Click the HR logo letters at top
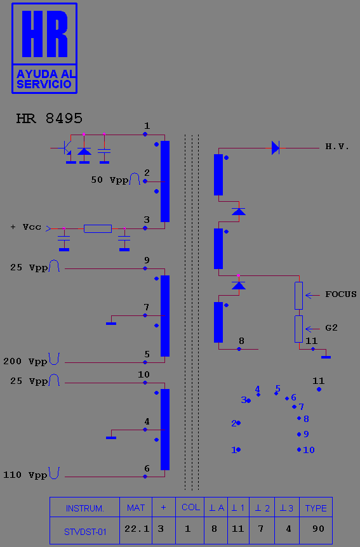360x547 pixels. (x=44, y=34)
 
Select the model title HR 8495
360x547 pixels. (x=50, y=119)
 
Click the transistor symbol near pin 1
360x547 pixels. (x=65, y=148)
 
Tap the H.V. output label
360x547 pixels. (x=337, y=147)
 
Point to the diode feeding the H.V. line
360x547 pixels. (x=276, y=148)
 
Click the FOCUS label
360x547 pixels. (x=341, y=294)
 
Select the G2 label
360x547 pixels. (x=331, y=327)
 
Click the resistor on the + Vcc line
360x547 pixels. (x=98, y=229)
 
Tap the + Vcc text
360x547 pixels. (x=26, y=227)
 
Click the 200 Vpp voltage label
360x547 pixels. (x=25, y=362)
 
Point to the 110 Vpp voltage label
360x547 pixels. (x=25, y=475)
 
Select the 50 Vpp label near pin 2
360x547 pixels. (x=110, y=180)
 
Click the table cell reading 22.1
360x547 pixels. (x=136, y=529)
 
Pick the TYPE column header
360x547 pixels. (x=316, y=508)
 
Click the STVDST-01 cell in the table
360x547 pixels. (x=85, y=532)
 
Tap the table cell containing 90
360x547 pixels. (x=316, y=529)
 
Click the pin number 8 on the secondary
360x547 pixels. (x=242, y=341)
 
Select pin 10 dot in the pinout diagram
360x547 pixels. (x=299, y=450)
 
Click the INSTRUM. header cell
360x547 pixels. (x=85, y=508)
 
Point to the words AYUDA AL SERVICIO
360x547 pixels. (x=45, y=79)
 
